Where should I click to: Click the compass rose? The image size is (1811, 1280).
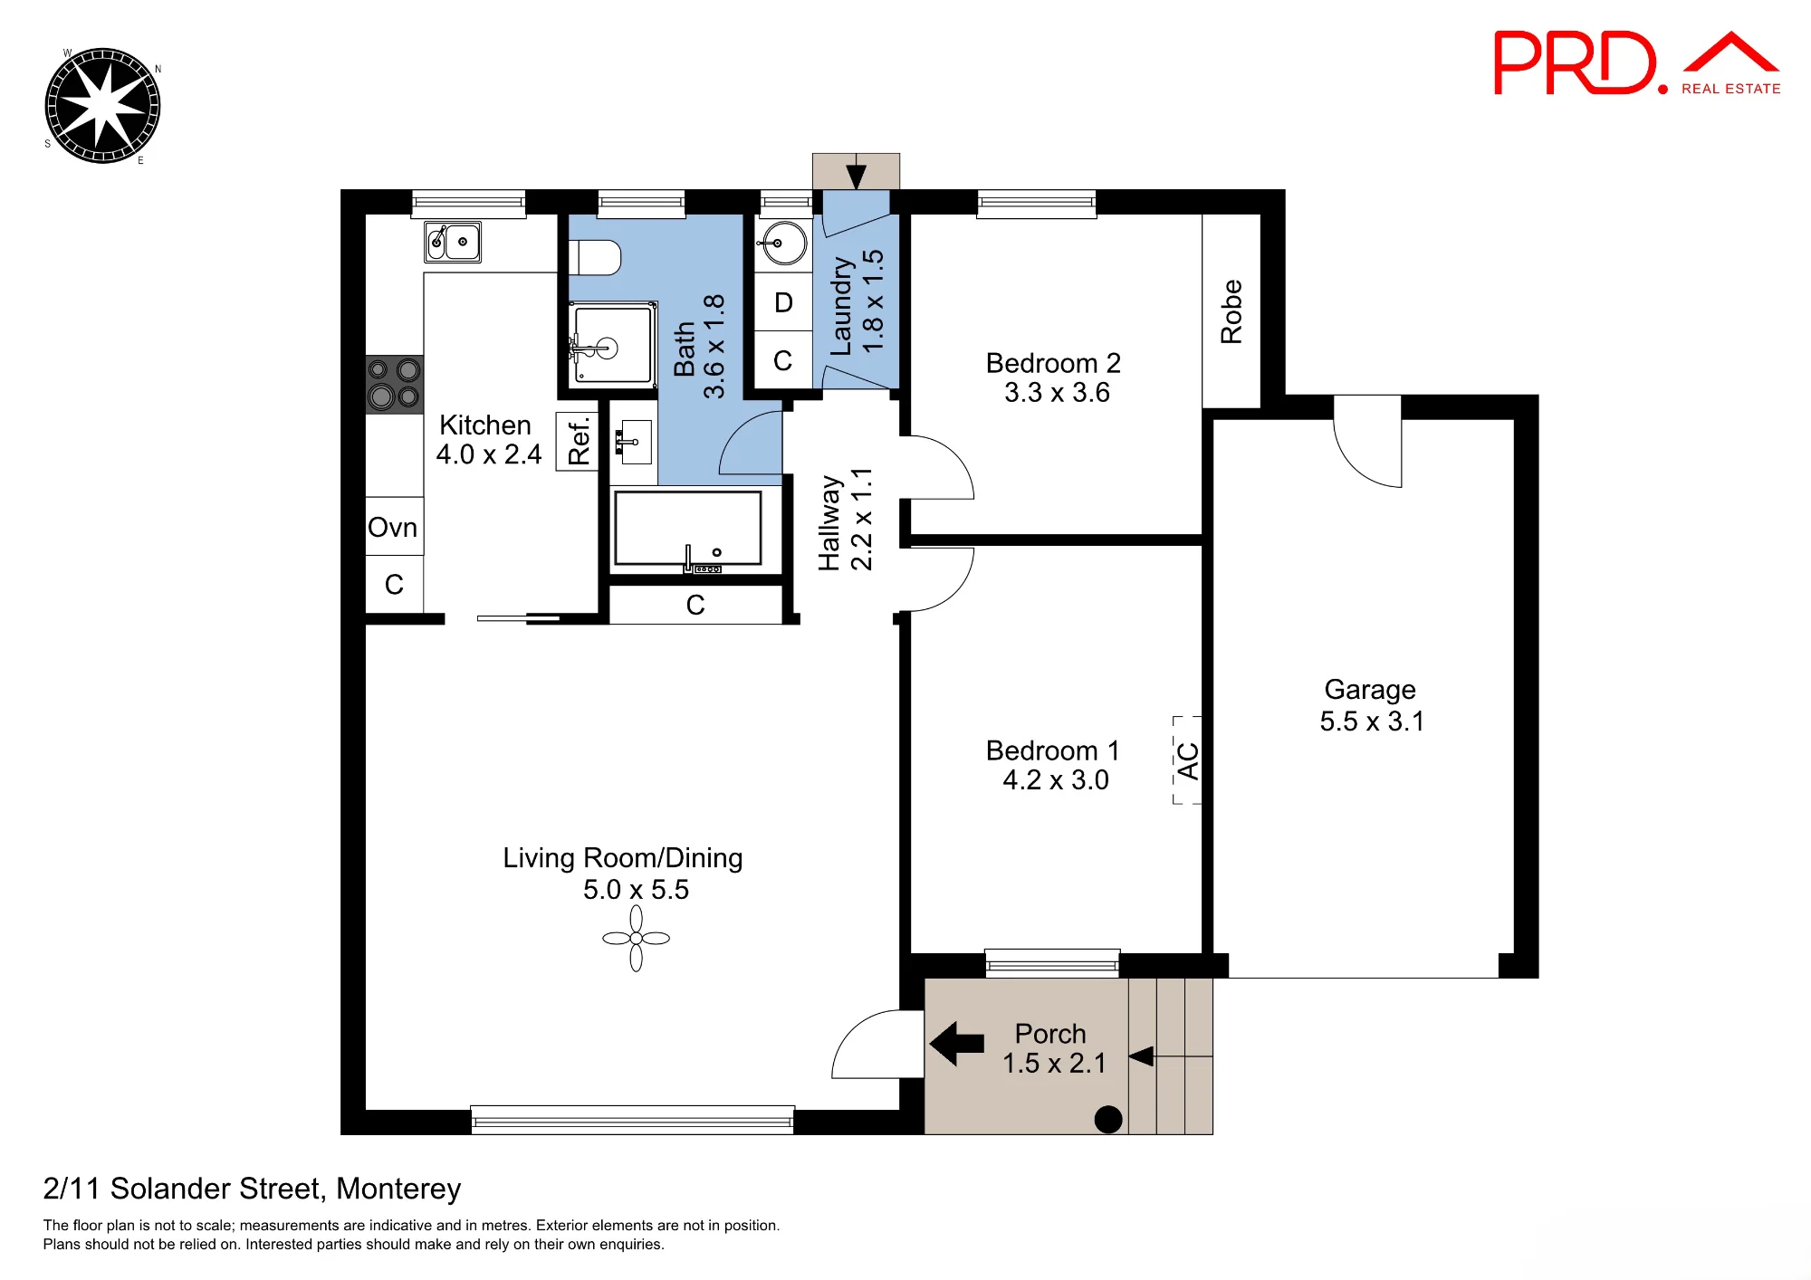click(102, 106)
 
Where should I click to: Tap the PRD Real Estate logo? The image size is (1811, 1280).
click(1637, 62)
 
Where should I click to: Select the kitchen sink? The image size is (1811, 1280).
click(453, 242)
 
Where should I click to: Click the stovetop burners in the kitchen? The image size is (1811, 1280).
click(394, 384)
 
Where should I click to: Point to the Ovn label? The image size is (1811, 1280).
click(392, 527)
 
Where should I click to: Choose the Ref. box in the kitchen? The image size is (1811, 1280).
click(578, 441)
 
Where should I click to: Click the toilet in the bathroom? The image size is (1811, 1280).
click(595, 257)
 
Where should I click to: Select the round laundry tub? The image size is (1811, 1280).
click(784, 244)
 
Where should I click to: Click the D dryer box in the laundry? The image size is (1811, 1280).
click(783, 302)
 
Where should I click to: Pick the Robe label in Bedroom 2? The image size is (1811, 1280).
click(1231, 311)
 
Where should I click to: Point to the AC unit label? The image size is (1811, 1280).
click(1187, 760)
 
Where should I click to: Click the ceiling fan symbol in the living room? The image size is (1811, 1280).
click(636, 939)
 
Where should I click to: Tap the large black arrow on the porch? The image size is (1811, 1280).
click(956, 1043)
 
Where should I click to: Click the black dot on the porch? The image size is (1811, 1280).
click(1108, 1120)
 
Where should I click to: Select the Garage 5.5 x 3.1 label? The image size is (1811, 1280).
click(1371, 705)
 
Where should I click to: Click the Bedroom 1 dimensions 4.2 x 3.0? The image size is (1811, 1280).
click(1056, 780)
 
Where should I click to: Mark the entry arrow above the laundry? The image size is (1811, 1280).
click(856, 174)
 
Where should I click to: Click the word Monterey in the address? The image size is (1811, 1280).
click(398, 1189)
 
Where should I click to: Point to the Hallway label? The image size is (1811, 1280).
click(829, 523)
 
